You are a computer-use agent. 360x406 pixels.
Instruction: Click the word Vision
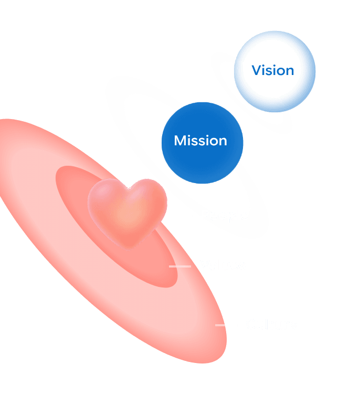click(273, 70)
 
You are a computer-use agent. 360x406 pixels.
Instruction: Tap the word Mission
click(200, 141)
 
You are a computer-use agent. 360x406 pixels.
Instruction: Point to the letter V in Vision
click(257, 70)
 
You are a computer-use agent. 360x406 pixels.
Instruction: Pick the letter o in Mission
click(213, 142)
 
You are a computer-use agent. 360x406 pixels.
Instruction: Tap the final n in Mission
click(223, 142)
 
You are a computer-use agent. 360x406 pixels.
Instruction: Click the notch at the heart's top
click(128, 188)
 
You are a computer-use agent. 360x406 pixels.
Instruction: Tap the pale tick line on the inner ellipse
click(180, 266)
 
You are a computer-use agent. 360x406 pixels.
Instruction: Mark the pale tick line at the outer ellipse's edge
click(220, 325)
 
